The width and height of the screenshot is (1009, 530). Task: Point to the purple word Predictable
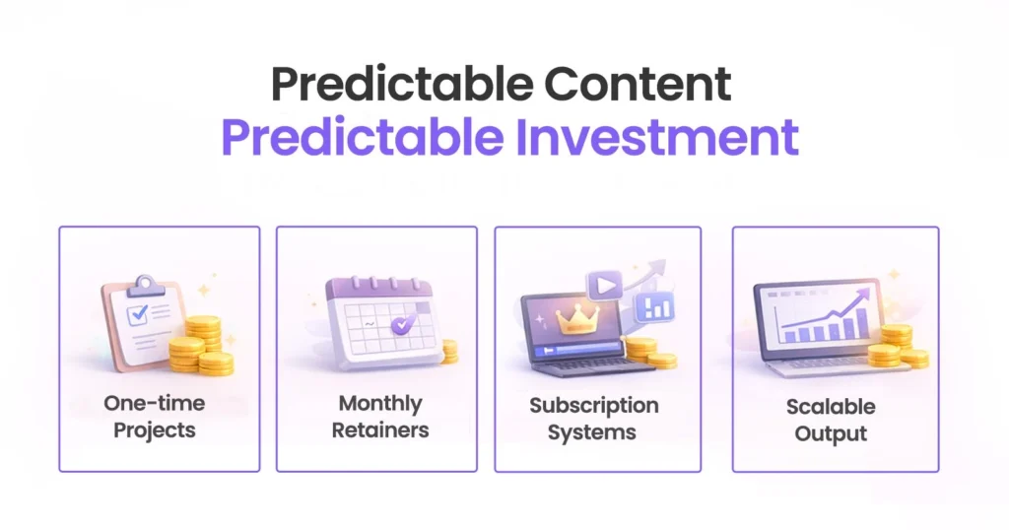(x=362, y=137)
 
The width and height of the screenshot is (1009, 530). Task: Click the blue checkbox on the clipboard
(x=137, y=314)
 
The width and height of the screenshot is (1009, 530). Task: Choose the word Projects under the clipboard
(x=154, y=431)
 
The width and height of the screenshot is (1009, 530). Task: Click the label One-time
(x=154, y=403)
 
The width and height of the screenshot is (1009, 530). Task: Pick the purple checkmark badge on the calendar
(x=401, y=323)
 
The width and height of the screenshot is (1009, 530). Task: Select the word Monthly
(x=379, y=403)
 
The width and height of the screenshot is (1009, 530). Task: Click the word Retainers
(x=379, y=431)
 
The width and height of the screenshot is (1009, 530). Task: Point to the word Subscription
(x=593, y=405)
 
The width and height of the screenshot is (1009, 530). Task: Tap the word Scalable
(x=831, y=407)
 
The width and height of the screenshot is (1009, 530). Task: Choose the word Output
(x=831, y=433)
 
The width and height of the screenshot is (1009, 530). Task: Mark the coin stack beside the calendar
(x=449, y=351)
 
